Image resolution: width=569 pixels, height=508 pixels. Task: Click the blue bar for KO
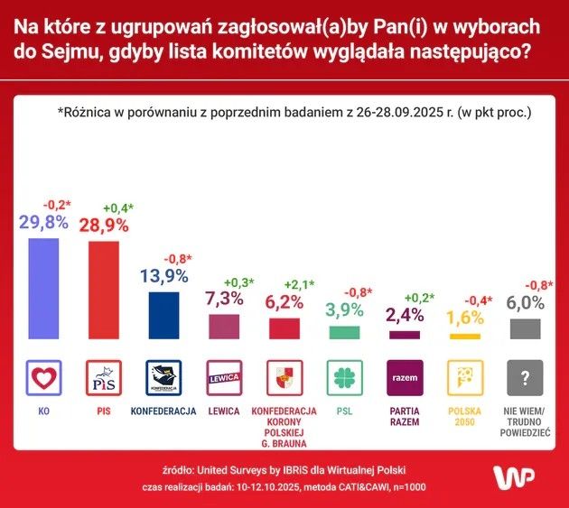[42, 289]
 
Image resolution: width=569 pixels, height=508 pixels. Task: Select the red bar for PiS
[103, 291]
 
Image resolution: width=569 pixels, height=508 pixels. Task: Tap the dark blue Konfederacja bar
[163, 315]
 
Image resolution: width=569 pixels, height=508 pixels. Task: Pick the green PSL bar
[344, 333]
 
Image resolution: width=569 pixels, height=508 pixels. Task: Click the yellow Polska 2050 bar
[464, 337]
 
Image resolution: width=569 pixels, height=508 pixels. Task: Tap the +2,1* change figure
[298, 284]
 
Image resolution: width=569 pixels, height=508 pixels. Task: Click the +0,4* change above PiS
[117, 208]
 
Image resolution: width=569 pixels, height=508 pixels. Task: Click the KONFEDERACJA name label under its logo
[163, 411]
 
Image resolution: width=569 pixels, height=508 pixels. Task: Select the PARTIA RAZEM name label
[404, 417]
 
